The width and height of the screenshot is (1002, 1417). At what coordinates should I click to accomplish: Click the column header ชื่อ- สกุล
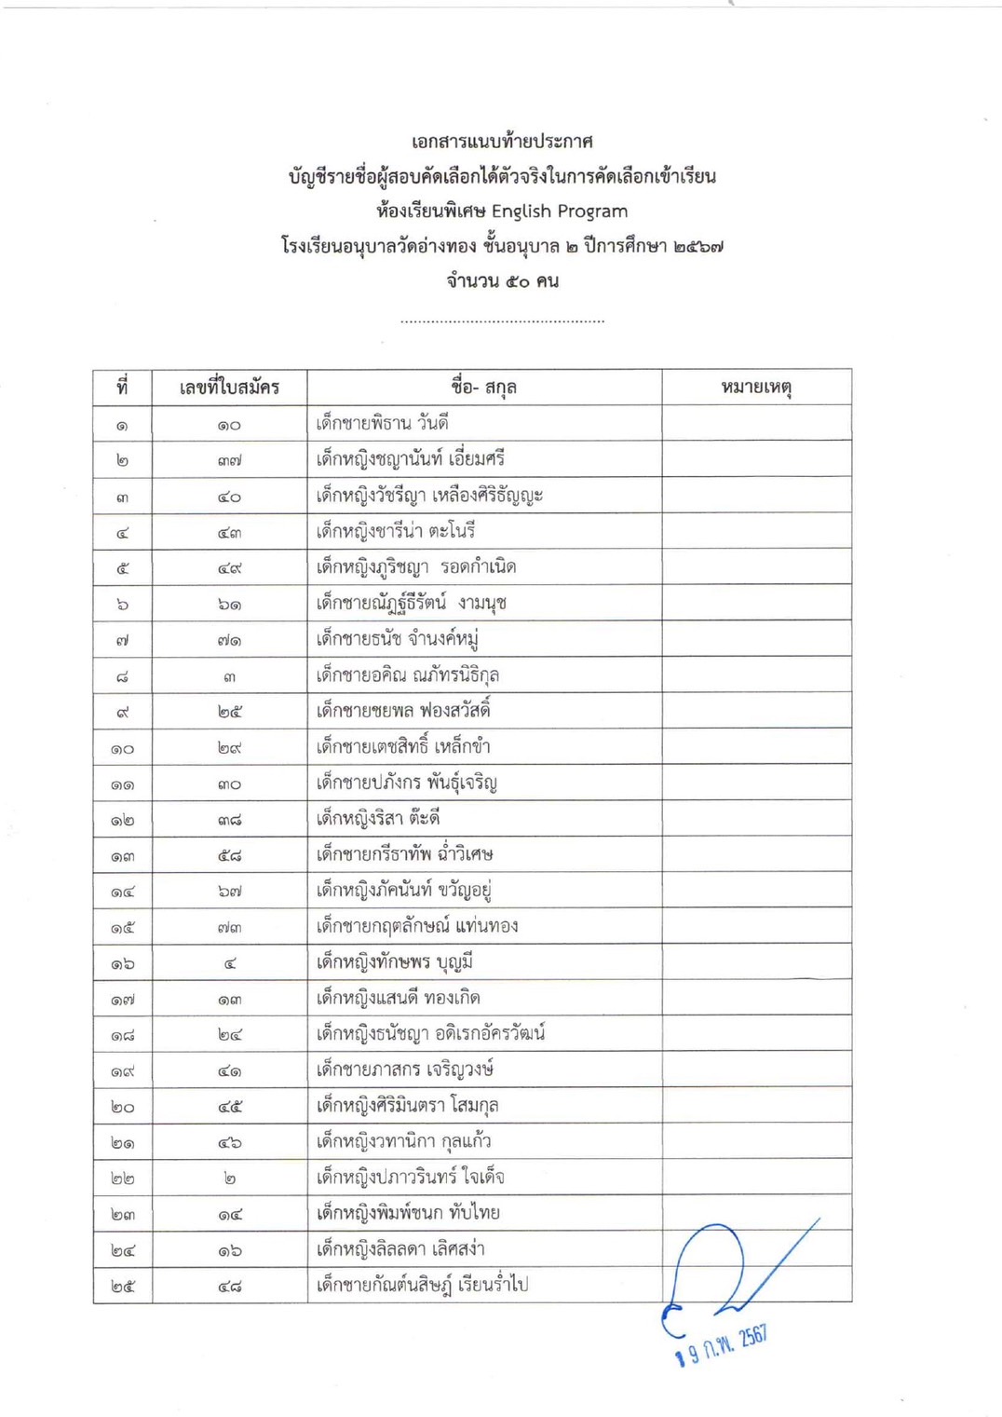tap(483, 387)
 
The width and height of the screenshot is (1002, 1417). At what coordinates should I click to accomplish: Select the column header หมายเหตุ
tap(756, 387)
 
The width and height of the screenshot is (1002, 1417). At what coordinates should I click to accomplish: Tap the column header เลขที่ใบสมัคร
tap(229, 387)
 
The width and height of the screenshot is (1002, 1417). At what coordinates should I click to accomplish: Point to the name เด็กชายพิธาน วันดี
tap(383, 424)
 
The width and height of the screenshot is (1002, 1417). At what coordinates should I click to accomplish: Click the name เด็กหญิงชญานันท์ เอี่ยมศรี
tap(411, 459)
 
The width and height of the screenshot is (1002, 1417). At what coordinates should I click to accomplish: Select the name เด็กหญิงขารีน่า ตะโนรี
tap(396, 531)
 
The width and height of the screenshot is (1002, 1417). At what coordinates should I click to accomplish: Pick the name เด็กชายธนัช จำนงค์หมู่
tap(397, 639)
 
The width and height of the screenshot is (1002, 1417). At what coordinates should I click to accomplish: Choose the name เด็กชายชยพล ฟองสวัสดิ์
tap(403, 711)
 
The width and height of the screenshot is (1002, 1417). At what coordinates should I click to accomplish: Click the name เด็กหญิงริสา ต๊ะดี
tap(378, 818)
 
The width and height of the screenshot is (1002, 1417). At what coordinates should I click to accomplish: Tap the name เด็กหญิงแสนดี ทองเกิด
tap(399, 998)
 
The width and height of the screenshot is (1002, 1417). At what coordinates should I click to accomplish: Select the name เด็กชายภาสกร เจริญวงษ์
tap(405, 1070)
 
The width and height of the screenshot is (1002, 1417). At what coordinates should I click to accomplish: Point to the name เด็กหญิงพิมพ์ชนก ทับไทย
tap(408, 1213)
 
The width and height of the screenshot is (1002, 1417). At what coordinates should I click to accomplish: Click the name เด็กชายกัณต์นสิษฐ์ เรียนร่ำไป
tap(422, 1285)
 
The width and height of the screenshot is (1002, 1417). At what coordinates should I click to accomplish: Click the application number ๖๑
tap(229, 604)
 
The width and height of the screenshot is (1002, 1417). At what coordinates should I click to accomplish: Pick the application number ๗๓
tap(229, 927)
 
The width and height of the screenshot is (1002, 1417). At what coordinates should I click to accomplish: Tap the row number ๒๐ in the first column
tap(122, 1107)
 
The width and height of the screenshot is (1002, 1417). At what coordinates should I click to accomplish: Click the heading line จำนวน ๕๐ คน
tap(502, 280)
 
